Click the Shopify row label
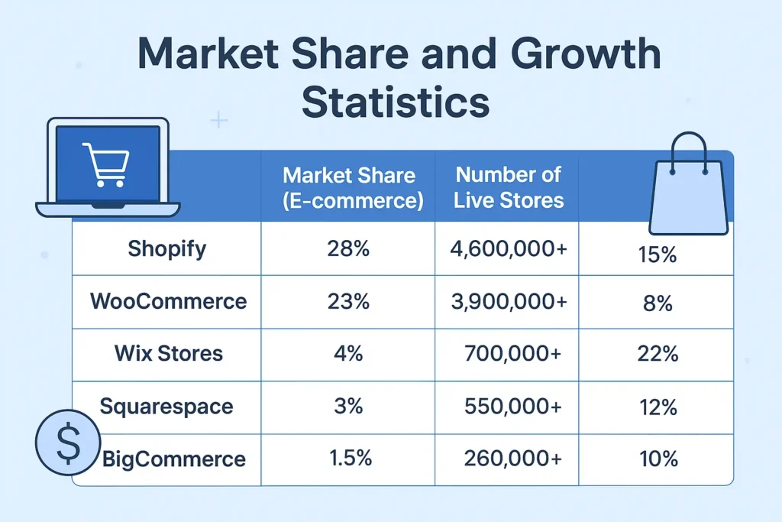pos(166,249)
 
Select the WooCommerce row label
pos(168,301)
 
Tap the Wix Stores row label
pos(168,353)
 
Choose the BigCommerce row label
pos(174,459)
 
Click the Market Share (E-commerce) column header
pos(349,188)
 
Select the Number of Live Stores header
pos(509,188)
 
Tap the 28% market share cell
pos(348,249)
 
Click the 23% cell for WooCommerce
pos(348,301)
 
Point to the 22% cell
pos(657,355)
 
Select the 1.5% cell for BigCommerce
pos(351,459)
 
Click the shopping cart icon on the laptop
pos(106,164)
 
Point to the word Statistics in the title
pos(396,103)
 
